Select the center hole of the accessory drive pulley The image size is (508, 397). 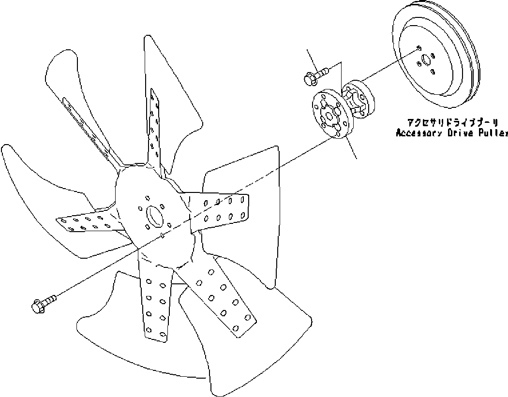tap(425, 59)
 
